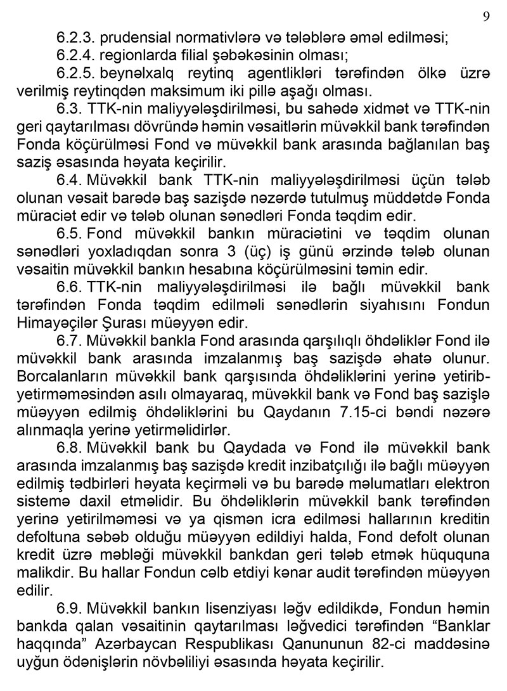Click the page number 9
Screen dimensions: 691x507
pos(486,16)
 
